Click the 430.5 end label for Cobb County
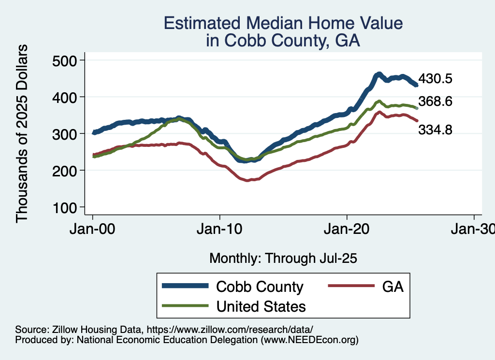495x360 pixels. click(x=435, y=79)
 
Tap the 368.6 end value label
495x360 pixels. click(x=435, y=102)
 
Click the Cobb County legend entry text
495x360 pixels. click(x=260, y=287)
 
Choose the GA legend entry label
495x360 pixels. click(x=393, y=287)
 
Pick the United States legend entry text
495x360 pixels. click(x=261, y=306)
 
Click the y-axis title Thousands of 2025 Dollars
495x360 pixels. click(x=22, y=134)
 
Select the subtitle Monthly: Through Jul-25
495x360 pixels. click(x=283, y=259)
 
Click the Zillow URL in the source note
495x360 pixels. click(x=230, y=329)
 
